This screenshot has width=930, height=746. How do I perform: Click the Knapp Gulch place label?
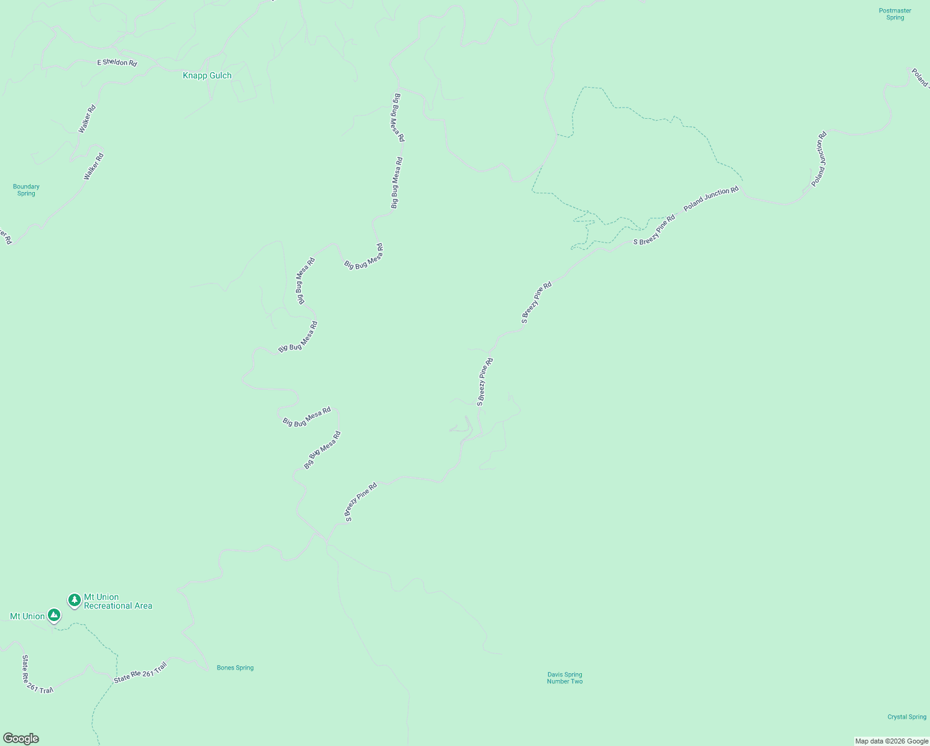pos(207,76)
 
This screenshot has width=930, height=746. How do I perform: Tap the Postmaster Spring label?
pos(895,14)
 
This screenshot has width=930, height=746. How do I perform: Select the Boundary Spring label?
pos(26,190)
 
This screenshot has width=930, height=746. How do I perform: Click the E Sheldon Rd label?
pos(117,63)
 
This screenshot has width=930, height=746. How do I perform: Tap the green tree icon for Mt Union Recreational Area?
pos(75,600)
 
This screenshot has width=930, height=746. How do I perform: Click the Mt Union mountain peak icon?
pos(54,615)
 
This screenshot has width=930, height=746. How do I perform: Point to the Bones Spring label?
pos(235,668)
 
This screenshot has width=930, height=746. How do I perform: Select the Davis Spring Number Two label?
pos(564,678)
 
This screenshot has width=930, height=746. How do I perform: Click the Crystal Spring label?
pos(906,717)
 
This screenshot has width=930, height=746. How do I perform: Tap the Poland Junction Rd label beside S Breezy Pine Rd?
pos(711,199)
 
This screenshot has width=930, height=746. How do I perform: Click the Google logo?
pos(21,739)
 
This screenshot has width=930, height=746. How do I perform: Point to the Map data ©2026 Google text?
pos(891,741)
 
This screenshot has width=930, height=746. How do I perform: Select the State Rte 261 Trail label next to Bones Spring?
pos(140,673)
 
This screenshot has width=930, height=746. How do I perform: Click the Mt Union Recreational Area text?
pos(117,601)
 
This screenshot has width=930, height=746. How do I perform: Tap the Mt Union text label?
pos(27,616)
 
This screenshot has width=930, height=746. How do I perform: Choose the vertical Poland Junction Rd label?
pos(819,159)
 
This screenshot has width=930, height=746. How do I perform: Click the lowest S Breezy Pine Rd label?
pos(361,502)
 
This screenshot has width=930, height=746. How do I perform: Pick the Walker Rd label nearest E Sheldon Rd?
pos(87,119)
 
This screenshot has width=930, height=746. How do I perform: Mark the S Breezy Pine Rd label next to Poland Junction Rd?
pos(654,230)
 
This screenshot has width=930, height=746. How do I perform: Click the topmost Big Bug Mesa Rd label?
pos(397,117)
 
